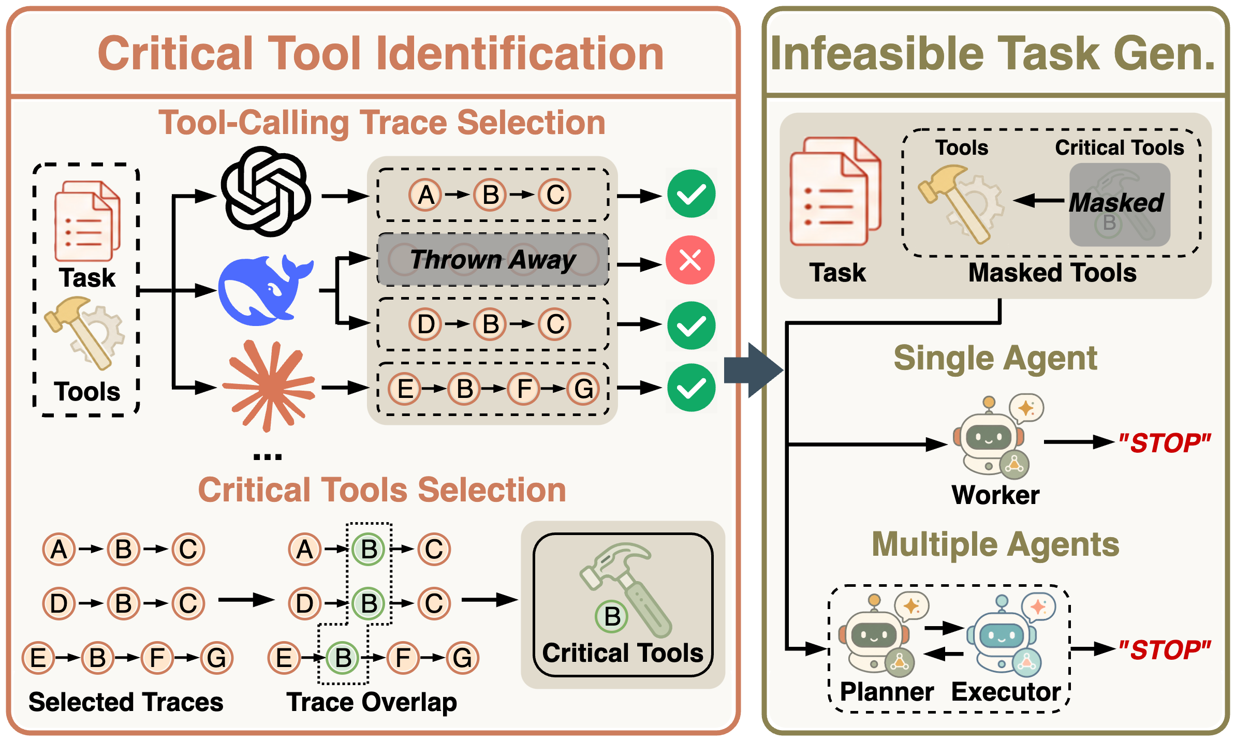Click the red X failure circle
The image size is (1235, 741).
[x=690, y=260]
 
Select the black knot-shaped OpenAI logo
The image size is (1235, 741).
[x=266, y=191]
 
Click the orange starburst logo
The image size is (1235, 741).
[x=269, y=386]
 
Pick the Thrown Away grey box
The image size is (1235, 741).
[x=493, y=259]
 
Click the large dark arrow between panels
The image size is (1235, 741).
[x=754, y=369]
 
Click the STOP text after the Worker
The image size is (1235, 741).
[x=1165, y=443]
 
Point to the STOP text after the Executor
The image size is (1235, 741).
[x=1165, y=650]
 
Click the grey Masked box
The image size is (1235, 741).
[x=1120, y=204]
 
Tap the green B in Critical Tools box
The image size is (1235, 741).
[x=612, y=616]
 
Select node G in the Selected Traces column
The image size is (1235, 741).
[x=216, y=658]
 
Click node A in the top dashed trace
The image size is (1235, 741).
[x=425, y=195]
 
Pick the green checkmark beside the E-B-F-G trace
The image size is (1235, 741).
[x=691, y=388]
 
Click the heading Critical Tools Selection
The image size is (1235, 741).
[x=382, y=490]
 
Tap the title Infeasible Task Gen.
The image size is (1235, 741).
[x=993, y=54]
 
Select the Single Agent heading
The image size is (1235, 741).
[x=995, y=358]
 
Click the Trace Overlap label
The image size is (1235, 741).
[x=372, y=702]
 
